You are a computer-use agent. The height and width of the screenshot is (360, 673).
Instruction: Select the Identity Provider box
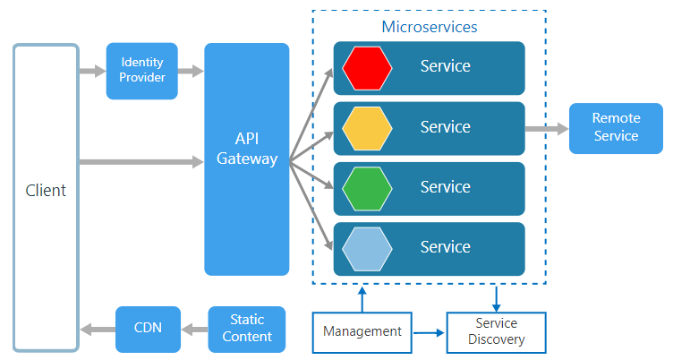(x=143, y=71)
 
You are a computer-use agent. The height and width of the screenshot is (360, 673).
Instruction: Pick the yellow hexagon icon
(x=367, y=128)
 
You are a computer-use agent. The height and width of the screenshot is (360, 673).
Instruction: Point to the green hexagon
(x=367, y=188)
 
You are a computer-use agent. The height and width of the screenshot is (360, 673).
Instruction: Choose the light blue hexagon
(x=367, y=248)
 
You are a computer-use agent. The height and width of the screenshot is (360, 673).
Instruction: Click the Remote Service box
(x=616, y=128)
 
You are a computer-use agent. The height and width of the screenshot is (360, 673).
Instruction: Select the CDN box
(x=148, y=328)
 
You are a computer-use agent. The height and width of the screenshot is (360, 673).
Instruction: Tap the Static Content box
(x=247, y=329)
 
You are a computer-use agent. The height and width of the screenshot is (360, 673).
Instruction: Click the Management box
(x=362, y=331)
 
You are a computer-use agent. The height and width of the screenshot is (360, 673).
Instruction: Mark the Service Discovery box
(x=496, y=331)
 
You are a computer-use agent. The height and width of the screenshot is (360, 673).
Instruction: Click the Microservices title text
(x=430, y=27)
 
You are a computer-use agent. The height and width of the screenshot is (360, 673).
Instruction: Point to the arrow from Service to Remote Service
(x=546, y=129)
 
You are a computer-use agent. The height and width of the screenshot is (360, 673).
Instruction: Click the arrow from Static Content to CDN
(x=194, y=329)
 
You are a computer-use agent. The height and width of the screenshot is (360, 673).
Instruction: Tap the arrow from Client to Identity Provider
(x=92, y=71)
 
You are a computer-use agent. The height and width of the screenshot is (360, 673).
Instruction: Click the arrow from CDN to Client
(x=98, y=329)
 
